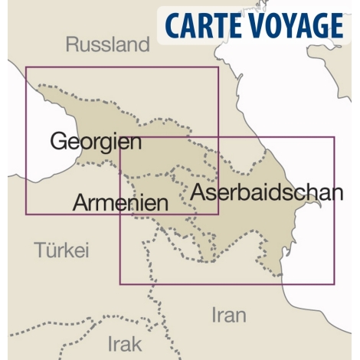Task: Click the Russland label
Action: tap(107, 44)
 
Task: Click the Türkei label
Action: tap(62, 250)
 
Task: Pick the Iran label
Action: tap(228, 314)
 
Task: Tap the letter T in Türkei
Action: tap(41, 250)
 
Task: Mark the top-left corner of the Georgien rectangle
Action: tap(26, 67)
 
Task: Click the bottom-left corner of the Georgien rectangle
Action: tap(26, 214)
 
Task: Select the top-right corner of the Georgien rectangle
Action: tap(218, 67)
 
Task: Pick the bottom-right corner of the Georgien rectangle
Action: tap(218, 214)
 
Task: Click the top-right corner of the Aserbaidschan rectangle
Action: tap(335, 138)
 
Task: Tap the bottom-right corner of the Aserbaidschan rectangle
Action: tap(335, 284)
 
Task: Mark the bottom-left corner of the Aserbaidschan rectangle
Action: tap(120, 284)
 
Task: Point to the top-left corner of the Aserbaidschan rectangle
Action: tap(120, 138)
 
